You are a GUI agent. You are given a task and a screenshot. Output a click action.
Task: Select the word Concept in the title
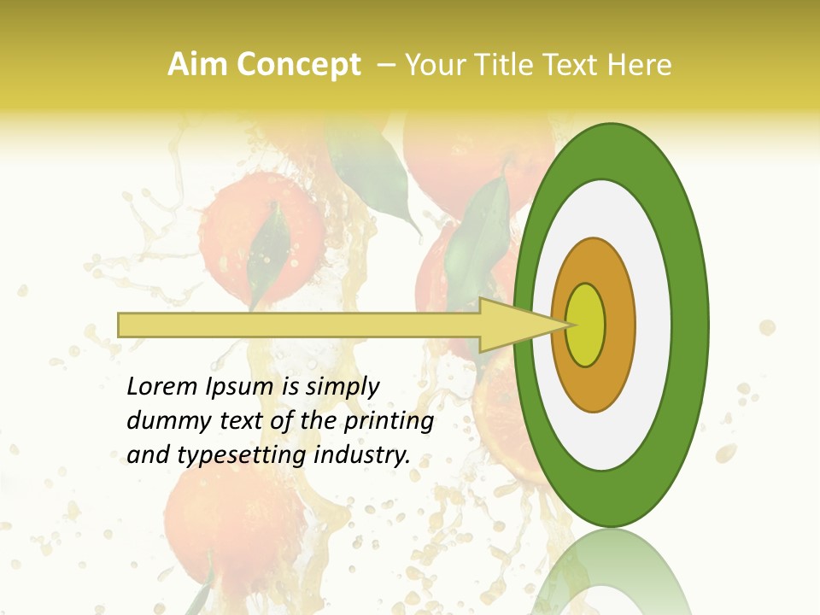pyautogui.click(x=295, y=65)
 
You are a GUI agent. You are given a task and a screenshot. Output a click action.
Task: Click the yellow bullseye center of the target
pyautogui.click(x=586, y=325)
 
